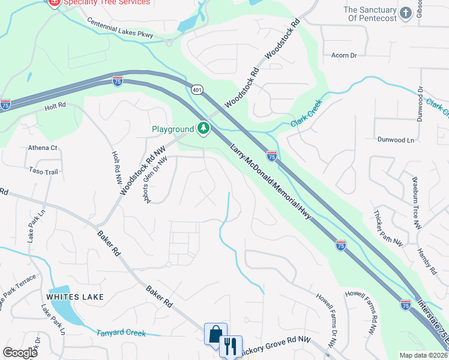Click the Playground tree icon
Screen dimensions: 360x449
[204, 128]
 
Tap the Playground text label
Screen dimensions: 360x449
[172, 129]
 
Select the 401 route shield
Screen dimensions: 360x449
[197, 89]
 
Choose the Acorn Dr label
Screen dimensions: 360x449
[344, 55]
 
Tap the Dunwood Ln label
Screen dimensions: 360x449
[396, 140]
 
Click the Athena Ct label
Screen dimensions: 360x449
[43, 148]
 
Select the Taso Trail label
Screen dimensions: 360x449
[43, 172]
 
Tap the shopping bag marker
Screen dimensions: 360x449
[215, 334]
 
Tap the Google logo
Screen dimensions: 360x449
[20, 353]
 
